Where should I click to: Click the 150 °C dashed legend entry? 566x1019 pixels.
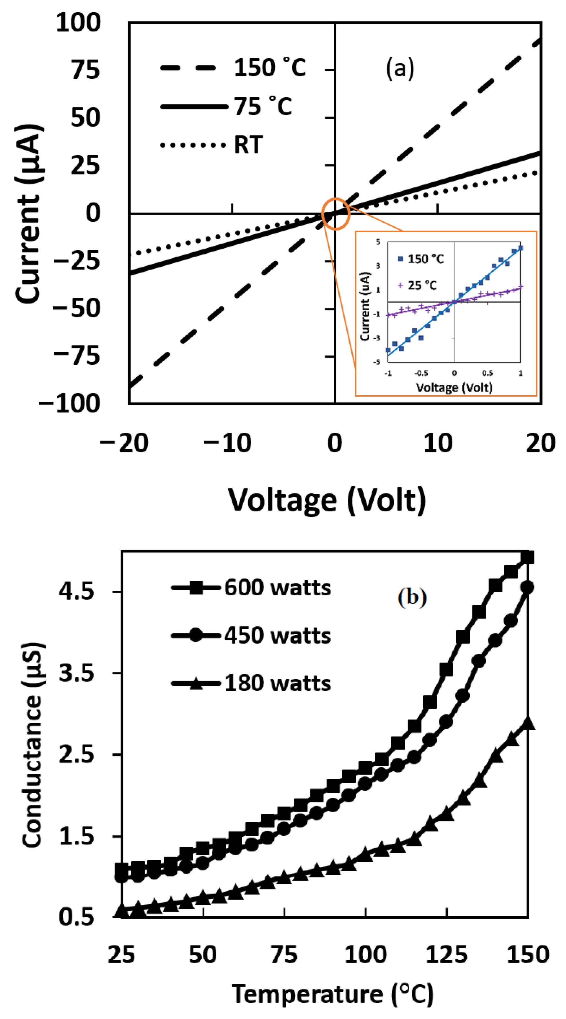click(233, 68)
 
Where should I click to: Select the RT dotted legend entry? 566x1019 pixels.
click(212, 145)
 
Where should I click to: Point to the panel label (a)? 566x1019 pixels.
click(400, 68)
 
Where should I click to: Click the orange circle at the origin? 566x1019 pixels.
click(336, 214)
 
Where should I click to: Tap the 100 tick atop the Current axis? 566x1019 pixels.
click(78, 23)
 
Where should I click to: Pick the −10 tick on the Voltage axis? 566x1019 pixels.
click(227, 443)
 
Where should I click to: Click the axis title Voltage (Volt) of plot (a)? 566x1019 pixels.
click(327, 500)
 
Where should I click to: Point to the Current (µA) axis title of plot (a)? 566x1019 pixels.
click(28, 214)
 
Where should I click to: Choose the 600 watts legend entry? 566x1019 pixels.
click(251, 588)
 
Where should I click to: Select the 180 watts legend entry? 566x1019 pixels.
click(251, 683)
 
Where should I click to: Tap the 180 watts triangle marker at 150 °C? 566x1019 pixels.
click(528, 723)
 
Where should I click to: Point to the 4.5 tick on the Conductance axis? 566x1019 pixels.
click(76, 592)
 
